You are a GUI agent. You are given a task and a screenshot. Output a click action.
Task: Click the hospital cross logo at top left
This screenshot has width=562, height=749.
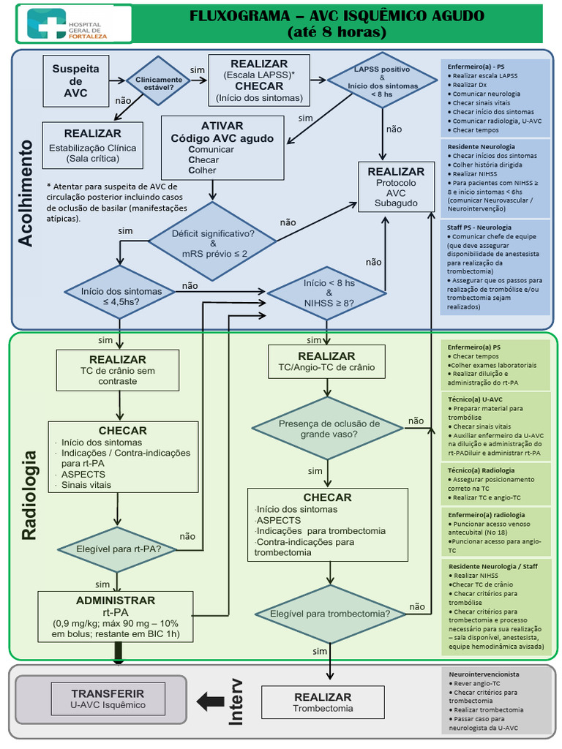coord(45,23)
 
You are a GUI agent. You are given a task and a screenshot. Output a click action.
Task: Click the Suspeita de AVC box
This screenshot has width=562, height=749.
coord(75,80)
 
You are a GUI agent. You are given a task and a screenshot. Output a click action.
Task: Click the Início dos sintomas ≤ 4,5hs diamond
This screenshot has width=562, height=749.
coord(121,295)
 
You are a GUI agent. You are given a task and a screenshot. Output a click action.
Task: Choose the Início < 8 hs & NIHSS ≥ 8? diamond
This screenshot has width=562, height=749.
coord(328,293)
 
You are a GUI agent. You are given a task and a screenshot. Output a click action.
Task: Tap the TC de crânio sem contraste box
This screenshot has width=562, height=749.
coord(118,370)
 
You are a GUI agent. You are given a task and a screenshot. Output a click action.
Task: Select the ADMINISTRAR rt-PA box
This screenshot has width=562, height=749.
coord(116,617)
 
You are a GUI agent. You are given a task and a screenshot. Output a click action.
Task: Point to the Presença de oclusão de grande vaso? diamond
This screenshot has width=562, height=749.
coord(329,428)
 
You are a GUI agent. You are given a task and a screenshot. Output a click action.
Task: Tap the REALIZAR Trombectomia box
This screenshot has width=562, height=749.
coord(323,701)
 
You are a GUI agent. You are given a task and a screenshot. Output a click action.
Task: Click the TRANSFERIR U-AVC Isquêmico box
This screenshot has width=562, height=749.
coord(108,699)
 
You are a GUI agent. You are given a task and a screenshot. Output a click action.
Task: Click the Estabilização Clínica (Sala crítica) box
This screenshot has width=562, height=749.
coord(102,144)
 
